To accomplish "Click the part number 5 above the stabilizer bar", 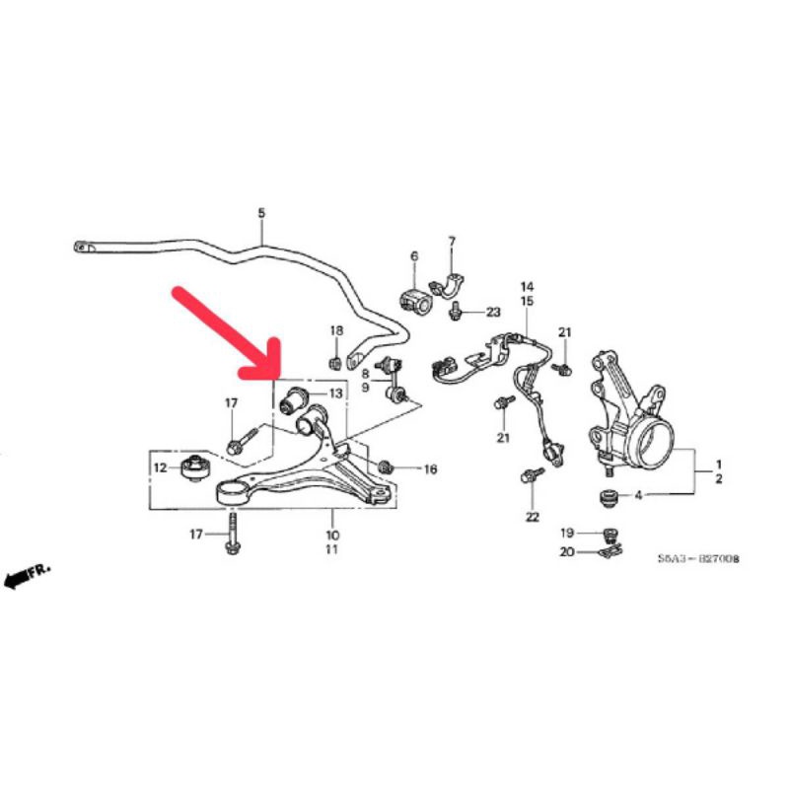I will pyautogui.click(x=261, y=212).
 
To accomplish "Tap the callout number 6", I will pyautogui.click(x=414, y=256).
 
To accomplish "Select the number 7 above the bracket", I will pyautogui.click(x=452, y=241).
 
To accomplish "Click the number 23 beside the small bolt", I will pyautogui.click(x=493, y=312).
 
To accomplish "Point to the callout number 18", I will pyautogui.click(x=335, y=329).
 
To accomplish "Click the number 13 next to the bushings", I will pyautogui.click(x=335, y=394).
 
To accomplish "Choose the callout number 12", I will pyautogui.click(x=160, y=466).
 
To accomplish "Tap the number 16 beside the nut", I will pyautogui.click(x=429, y=468).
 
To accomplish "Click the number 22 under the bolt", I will pyautogui.click(x=533, y=517).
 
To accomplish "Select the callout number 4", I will pyautogui.click(x=639, y=496).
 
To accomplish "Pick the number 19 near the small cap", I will pyautogui.click(x=567, y=534).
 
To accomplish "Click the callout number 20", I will pyautogui.click(x=567, y=552).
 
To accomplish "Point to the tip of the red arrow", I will pyautogui.click(x=275, y=373).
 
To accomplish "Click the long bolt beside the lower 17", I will pyautogui.click(x=234, y=536).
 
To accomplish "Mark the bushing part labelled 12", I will pyautogui.click(x=197, y=466).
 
